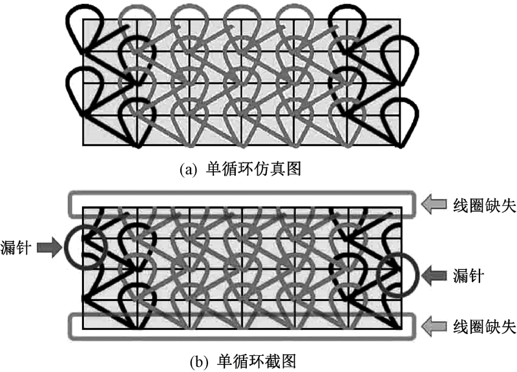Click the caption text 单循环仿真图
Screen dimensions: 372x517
[x=255, y=170]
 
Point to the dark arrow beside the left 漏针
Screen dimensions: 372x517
[x=48, y=245]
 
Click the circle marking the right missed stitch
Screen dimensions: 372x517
[x=397, y=275]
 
